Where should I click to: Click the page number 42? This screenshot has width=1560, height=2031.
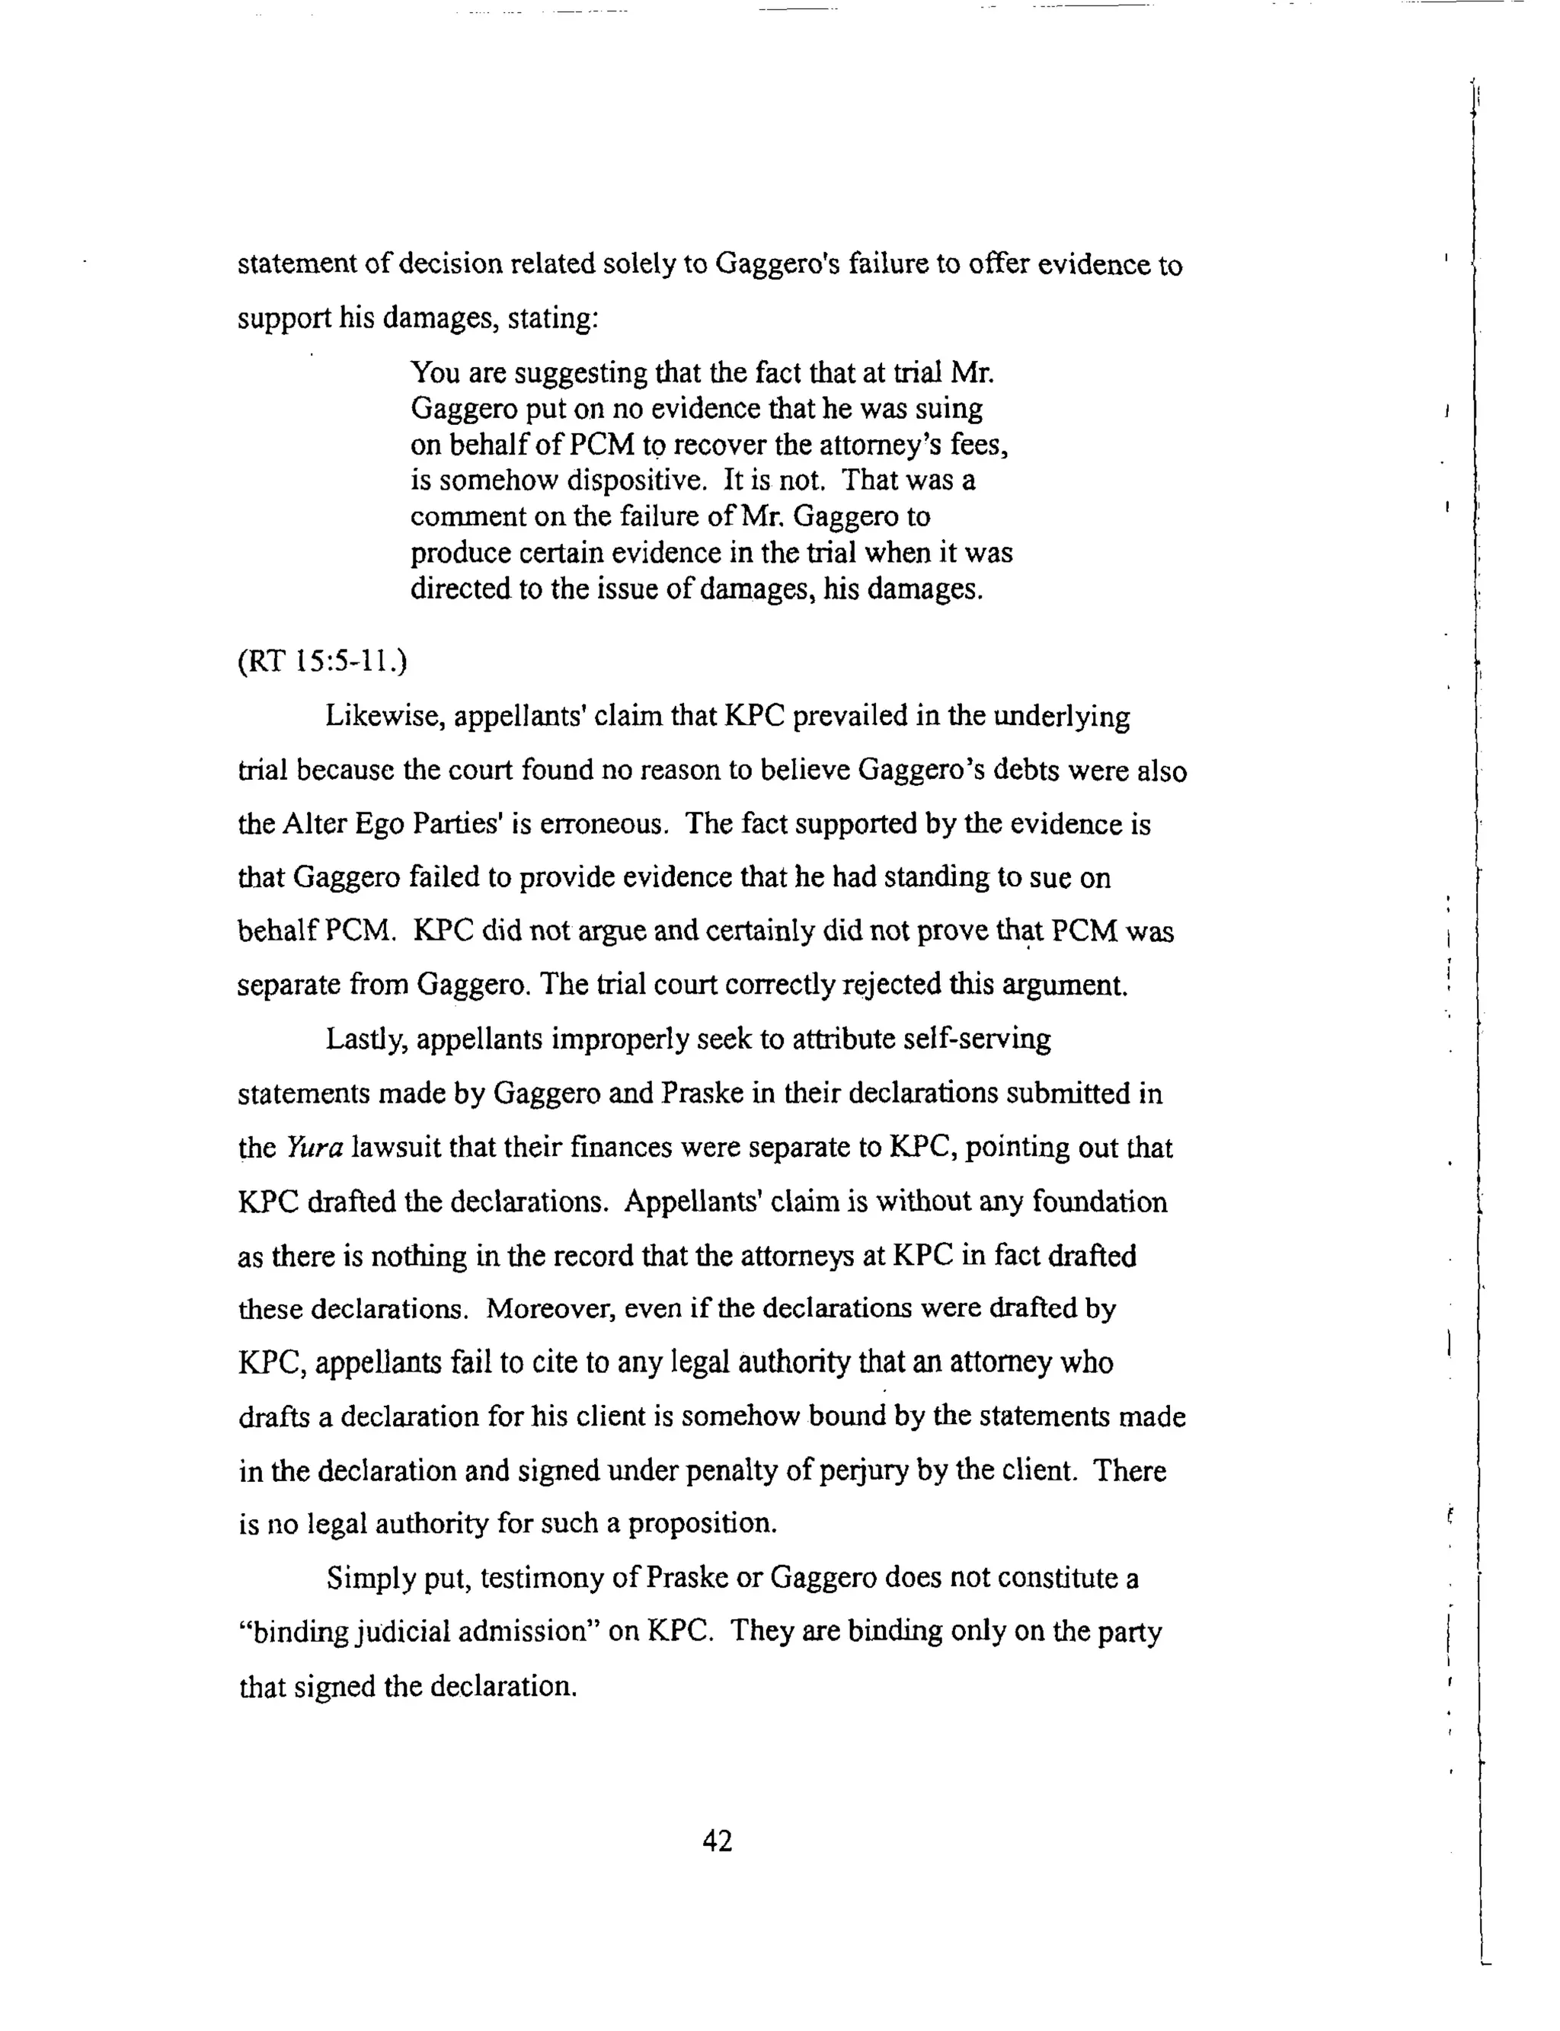click(x=717, y=1841)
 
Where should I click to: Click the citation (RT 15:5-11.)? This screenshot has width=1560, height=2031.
click(x=322, y=662)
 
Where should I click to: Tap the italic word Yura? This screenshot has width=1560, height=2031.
click(x=315, y=1148)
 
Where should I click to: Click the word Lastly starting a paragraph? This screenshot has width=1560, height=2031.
click(x=365, y=1039)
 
